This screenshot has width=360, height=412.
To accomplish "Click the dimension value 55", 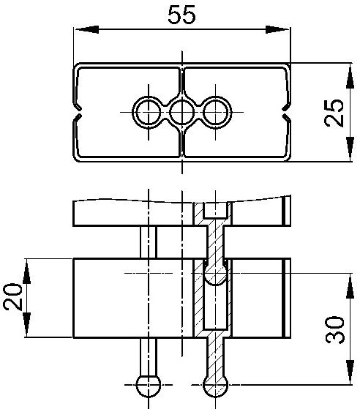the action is pos(181,15).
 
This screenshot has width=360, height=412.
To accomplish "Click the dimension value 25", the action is pos(334,113).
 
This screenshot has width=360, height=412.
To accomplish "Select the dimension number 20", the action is pos(12,296).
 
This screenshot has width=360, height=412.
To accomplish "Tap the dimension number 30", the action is pos(335,330).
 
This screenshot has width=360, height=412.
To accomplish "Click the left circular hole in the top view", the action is pos(149,113).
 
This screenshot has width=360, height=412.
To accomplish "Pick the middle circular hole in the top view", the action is pos(182,113).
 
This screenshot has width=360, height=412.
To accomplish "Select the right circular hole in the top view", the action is pos(215,113).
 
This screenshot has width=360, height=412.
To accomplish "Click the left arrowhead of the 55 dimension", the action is pos(87,29).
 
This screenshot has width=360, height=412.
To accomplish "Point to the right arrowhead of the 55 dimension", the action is pos(277,29).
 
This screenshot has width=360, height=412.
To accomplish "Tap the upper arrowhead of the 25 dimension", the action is pos(350,76).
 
